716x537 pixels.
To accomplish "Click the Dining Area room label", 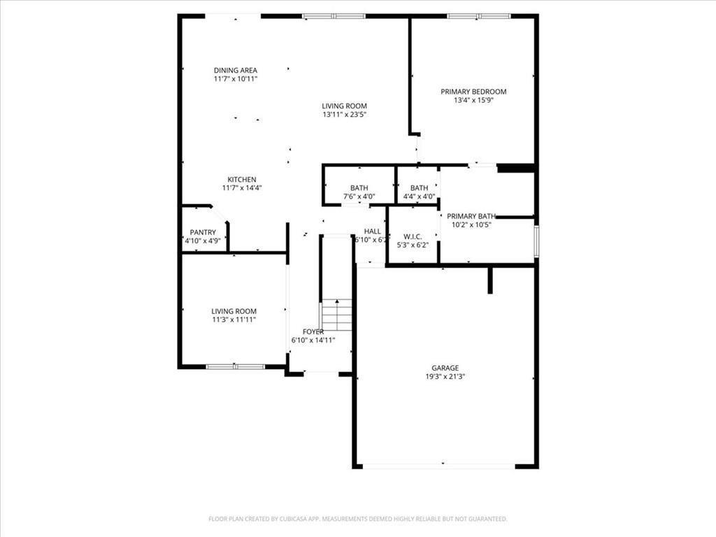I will click(x=236, y=70).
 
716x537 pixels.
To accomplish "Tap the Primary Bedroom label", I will click(x=473, y=92).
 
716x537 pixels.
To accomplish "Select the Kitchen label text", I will click(x=242, y=179).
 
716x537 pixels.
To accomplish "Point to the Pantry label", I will click(x=203, y=232).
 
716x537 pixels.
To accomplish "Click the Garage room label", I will click(x=445, y=368).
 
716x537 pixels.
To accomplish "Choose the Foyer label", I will click(x=313, y=331).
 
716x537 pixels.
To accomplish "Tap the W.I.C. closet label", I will click(x=412, y=217).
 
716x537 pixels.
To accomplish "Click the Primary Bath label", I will click(x=471, y=216).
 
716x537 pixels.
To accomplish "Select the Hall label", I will click(x=373, y=231).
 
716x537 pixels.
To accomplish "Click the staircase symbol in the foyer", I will click(x=337, y=315).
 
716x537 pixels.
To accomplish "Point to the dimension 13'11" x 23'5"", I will click(x=345, y=115).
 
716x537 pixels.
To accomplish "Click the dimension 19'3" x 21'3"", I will click(x=445, y=376).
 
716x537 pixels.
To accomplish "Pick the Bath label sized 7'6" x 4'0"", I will click(x=359, y=188).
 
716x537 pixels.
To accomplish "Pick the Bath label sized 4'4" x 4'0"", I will click(x=419, y=188).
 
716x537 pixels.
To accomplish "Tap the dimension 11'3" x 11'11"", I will click(x=234, y=320).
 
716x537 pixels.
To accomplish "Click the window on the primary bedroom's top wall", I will click(x=479, y=15).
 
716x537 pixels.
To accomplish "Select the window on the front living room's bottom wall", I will click(x=236, y=366).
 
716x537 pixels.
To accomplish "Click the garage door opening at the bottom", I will click(x=439, y=466).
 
